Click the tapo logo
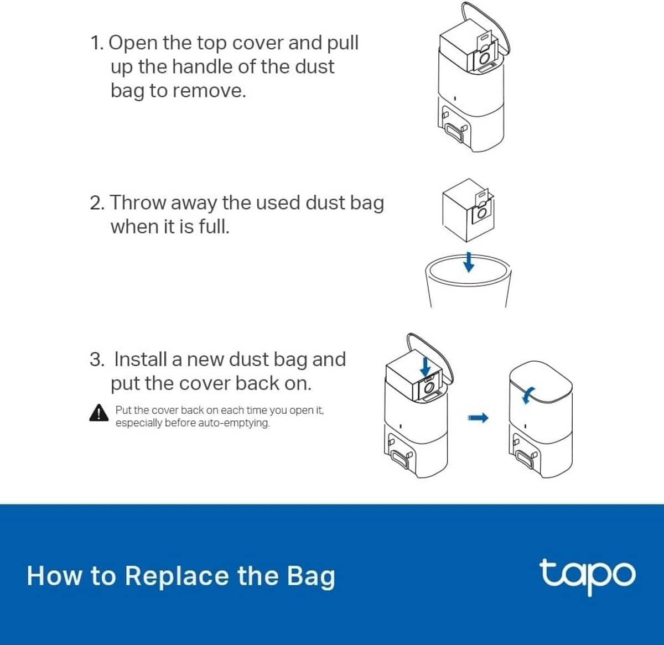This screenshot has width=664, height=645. pyautogui.click(x=587, y=576)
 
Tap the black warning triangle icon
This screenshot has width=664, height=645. pyautogui.click(x=99, y=413)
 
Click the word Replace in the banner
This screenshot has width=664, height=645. pyautogui.click(x=177, y=576)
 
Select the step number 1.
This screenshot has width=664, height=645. pyautogui.click(x=97, y=43)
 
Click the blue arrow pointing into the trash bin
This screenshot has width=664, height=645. pyautogui.click(x=469, y=262)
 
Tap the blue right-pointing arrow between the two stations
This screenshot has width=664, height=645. pyautogui.click(x=478, y=418)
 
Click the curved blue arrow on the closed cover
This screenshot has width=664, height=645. pyautogui.click(x=528, y=396)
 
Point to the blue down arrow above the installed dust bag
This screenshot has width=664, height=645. pyautogui.click(x=426, y=367)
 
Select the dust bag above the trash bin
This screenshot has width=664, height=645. pyautogui.click(x=468, y=210)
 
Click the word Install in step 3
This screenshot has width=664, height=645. pyautogui.click(x=140, y=360)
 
